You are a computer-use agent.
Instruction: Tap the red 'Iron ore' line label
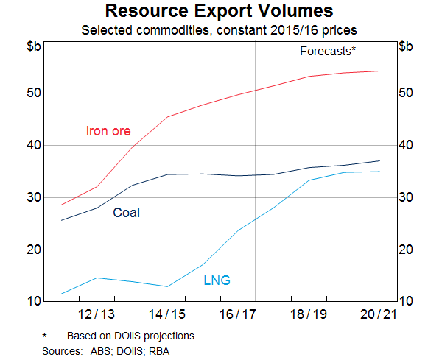(108, 132)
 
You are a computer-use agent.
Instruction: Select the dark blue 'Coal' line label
(126, 213)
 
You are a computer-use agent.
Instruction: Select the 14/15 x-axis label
(167, 314)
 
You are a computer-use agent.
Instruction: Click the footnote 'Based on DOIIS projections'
(130, 336)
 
